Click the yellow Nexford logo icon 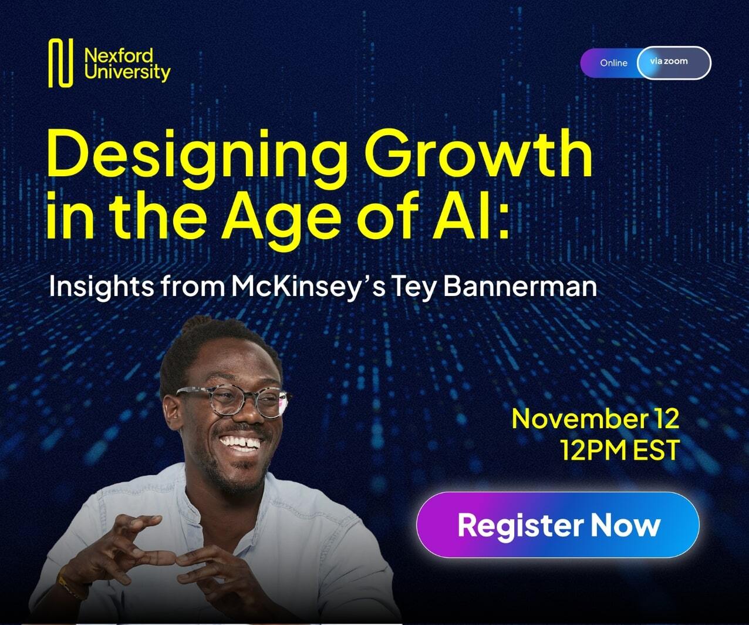click(60, 63)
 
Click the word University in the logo click(127, 73)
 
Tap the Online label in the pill click(613, 63)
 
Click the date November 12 click(595, 419)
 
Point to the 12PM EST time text click(619, 450)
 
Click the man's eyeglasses click(235, 401)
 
